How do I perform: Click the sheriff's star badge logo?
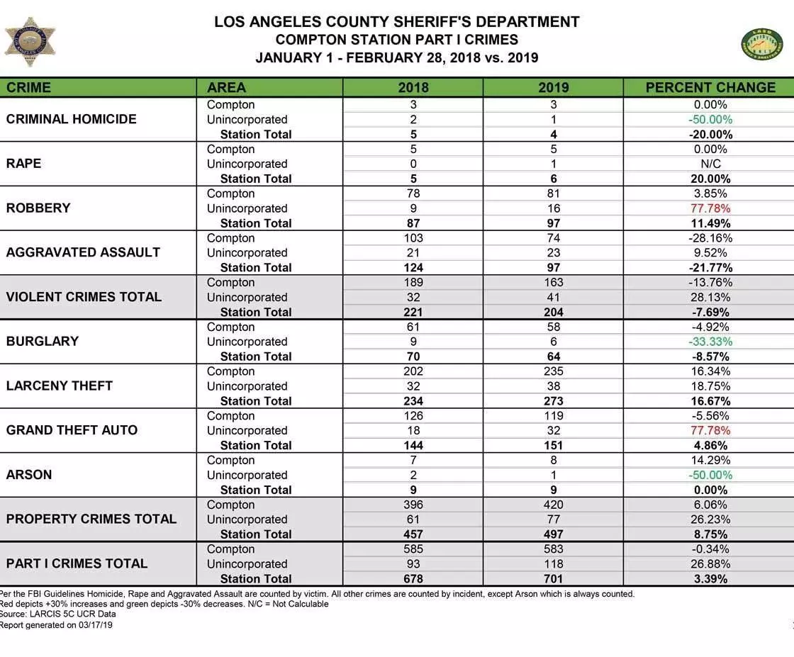(x=30, y=42)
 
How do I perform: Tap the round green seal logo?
(x=762, y=45)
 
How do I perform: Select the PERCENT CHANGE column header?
(x=710, y=88)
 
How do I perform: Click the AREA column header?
(x=227, y=88)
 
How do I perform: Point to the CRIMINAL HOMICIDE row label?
(x=72, y=119)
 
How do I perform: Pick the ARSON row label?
(x=29, y=475)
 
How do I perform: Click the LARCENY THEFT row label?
(x=60, y=386)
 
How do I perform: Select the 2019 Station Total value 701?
(x=553, y=579)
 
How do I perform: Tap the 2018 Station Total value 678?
(x=413, y=579)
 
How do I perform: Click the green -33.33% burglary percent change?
(x=710, y=342)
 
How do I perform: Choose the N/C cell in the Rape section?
(x=710, y=164)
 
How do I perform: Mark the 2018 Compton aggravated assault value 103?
(x=413, y=238)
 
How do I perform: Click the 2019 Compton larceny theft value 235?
(x=553, y=371)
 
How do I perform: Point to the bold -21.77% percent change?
(x=710, y=268)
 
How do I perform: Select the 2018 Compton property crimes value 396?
(x=413, y=505)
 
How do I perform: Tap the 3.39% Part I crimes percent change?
(x=710, y=579)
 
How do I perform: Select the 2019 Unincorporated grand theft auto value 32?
(x=553, y=431)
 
